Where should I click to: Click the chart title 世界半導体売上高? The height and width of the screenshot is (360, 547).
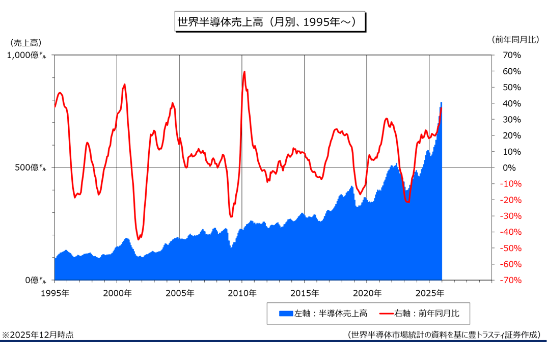click(x=269, y=22)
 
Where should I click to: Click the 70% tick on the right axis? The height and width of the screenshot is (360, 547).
click(x=512, y=55)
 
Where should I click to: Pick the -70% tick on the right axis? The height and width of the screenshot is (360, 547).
click(x=511, y=280)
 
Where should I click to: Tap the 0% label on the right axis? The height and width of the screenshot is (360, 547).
click(x=509, y=168)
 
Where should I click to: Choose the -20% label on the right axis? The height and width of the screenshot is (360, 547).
click(x=511, y=200)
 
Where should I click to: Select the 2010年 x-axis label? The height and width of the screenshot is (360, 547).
click(x=242, y=293)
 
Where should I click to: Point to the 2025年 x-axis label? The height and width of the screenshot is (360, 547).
click(x=429, y=293)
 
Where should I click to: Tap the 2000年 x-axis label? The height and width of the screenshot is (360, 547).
click(x=117, y=293)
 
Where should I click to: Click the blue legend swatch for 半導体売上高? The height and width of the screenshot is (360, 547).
click(x=286, y=313)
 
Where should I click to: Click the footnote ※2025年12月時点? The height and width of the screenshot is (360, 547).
click(x=38, y=335)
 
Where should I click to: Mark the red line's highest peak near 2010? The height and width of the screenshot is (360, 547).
click(x=244, y=72)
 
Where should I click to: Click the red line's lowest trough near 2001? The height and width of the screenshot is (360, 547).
click(x=139, y=239)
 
